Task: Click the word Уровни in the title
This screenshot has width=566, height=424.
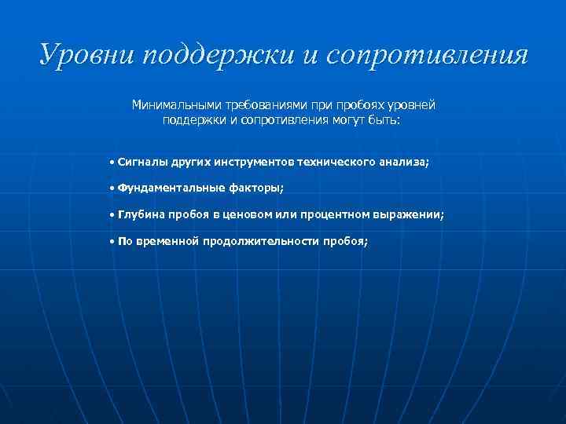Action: click(79, 55)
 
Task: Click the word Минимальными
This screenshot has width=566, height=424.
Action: click(175, 105)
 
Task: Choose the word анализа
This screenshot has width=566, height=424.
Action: click(406, 161)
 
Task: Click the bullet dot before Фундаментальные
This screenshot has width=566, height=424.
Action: click(112, 188)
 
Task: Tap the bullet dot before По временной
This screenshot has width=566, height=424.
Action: click(112, 241)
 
